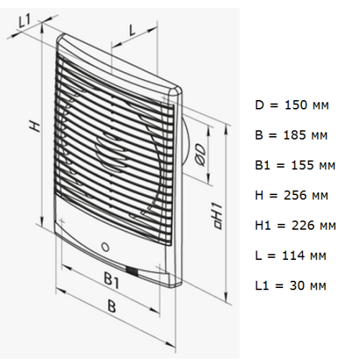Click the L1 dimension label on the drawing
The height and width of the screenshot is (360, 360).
pyautogui.click(x=24, y=21)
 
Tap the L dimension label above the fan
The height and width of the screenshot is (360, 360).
pyautogui.click(x=132, y=30)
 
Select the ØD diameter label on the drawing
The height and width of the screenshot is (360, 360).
pyautogui.click(x=200, y=155)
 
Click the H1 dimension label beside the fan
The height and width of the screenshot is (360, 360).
pyautogui.click(x=218, y=216)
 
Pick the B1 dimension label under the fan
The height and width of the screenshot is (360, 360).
pyautogui.click(x=112, y=280)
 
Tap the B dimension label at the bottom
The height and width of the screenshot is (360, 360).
pyautogui.click(x=112, y=306)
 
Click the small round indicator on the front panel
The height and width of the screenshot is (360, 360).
pyautogui.click(x=105, y=247)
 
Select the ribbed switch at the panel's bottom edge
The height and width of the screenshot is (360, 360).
pyautogui.click(x=132, y=271)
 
